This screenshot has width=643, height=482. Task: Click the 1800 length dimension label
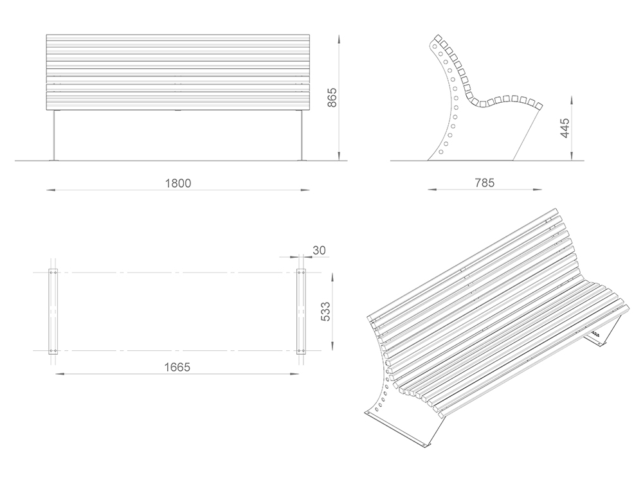tap(178, 183)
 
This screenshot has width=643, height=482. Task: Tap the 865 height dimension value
tap(332, 98)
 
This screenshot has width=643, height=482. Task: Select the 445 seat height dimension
tap(565, 128)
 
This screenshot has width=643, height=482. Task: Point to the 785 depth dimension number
tap(485, 183)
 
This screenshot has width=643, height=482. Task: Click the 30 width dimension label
tap(319, 250)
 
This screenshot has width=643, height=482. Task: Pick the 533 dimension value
tap(325, 312)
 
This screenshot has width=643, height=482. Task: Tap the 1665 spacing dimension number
tap(177, 367)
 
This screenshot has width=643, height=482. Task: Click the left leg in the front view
tap(54, 135)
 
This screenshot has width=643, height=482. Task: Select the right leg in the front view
tap(302, 135)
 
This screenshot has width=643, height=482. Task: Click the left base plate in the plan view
tap(53, 312)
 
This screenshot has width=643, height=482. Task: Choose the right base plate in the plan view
tap(302, 312)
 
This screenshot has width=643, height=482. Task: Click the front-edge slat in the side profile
tap(539, 105)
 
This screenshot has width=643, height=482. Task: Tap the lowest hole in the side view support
tap(441, 152)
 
